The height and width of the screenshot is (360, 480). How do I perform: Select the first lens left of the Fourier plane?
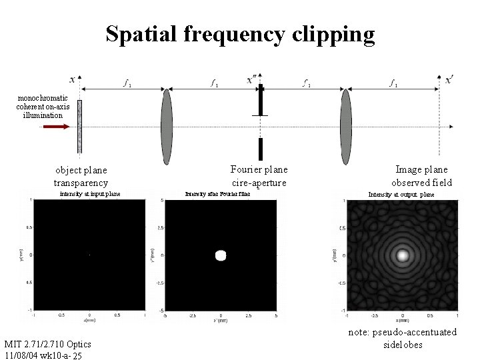(167, 127)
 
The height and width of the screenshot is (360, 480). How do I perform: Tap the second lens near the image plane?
(345, 127)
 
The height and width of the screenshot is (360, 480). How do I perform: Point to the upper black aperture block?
(261, 100)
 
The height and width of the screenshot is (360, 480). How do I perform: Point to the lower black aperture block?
(261, 149)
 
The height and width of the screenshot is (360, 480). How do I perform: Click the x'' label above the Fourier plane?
(254, 79)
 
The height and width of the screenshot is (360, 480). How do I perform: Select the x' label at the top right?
(450, 79)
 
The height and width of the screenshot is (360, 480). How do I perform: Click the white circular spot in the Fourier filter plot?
(221, 255)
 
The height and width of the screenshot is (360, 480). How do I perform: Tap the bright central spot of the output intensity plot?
(402, 255)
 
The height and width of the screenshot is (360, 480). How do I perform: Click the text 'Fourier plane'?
(259, 170)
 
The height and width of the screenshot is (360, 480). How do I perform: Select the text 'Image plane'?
(421, 170)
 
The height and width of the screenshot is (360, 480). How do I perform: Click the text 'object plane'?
(81, 171)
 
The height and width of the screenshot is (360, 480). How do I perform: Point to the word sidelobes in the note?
(403, 345)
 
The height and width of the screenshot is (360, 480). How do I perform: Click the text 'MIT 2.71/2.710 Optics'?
(47, 344)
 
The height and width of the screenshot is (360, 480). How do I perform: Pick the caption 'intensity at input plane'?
(90, 194)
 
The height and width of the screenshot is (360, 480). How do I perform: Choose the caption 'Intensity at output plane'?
(401, 195)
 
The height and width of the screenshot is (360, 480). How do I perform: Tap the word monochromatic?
(43, 98)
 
